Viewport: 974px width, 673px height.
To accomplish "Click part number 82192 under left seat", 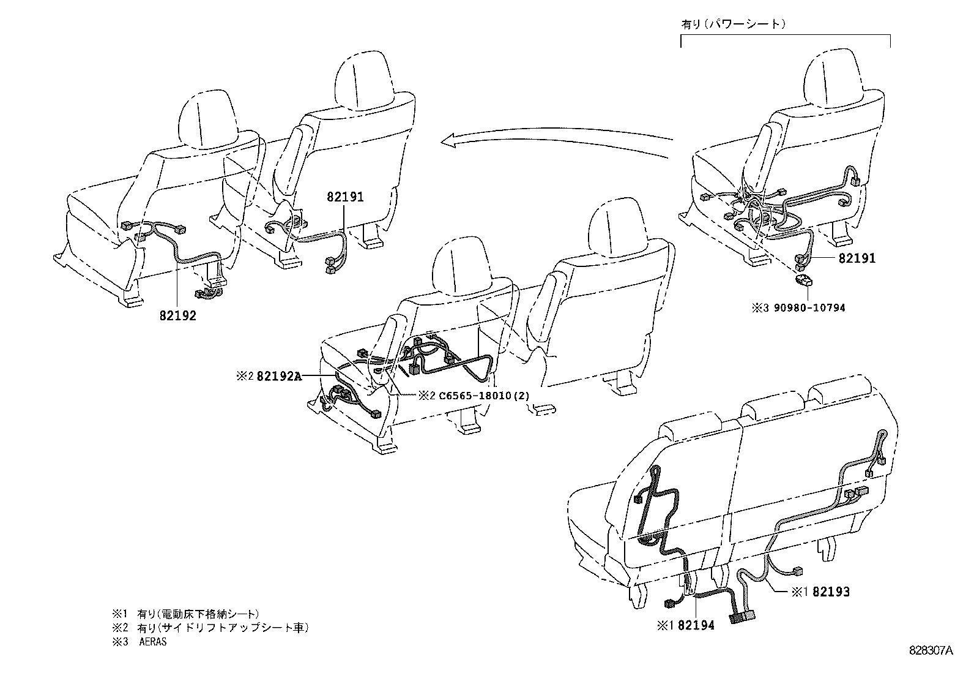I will pyautogui.click(x=178, y=317).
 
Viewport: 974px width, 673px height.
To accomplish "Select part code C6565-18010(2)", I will pyautogui.click(x=483, y=396).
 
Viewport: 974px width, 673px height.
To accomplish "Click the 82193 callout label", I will pyautogui.click(x=831, y=592).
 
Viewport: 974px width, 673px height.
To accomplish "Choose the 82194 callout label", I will pyautogui.click(x=696, y=625).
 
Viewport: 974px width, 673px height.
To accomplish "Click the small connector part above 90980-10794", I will pyautogui.click(x=802, y=281).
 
